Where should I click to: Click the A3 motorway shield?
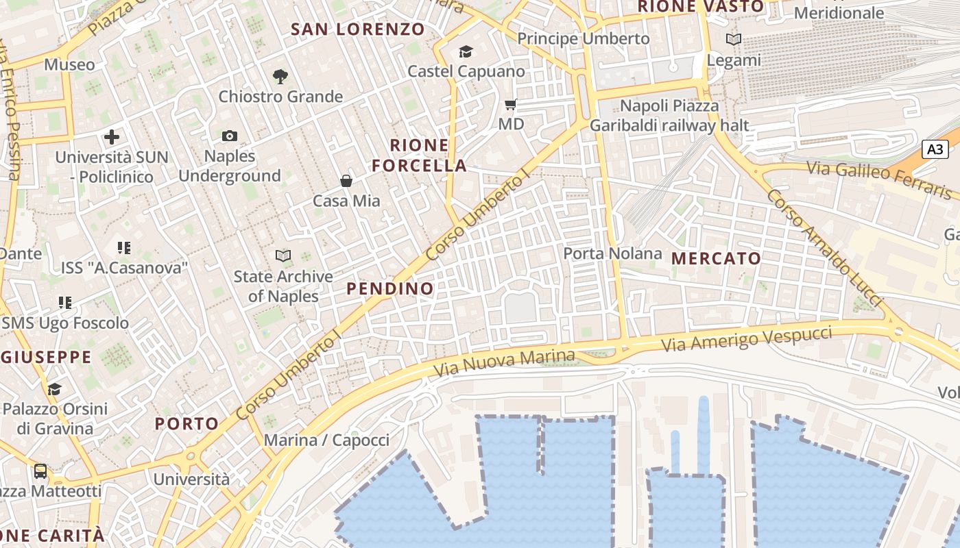click(935, 149)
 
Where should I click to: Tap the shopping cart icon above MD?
click(510, 105)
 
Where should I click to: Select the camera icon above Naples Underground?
click(230, 136)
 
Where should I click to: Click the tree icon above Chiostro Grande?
click(280, 76)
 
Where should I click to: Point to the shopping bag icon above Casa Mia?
click(346, 181)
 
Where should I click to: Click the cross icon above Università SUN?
click(112, 137)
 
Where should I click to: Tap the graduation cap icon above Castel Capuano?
click(466, 51)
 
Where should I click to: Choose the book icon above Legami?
click(734, 40)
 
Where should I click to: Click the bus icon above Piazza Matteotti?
click(40, 471)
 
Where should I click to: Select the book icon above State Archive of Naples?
click(283, 256)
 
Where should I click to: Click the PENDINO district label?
click(390, 289)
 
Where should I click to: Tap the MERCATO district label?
click(716, 259)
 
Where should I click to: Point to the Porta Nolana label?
click(612, 253)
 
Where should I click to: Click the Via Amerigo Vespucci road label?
click(747, 339)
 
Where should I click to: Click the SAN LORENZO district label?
click(358, 29)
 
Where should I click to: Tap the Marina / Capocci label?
click(326, 440)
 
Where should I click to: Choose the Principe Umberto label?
click(583, 39)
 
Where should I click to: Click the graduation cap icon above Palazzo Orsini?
click(54, 390)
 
